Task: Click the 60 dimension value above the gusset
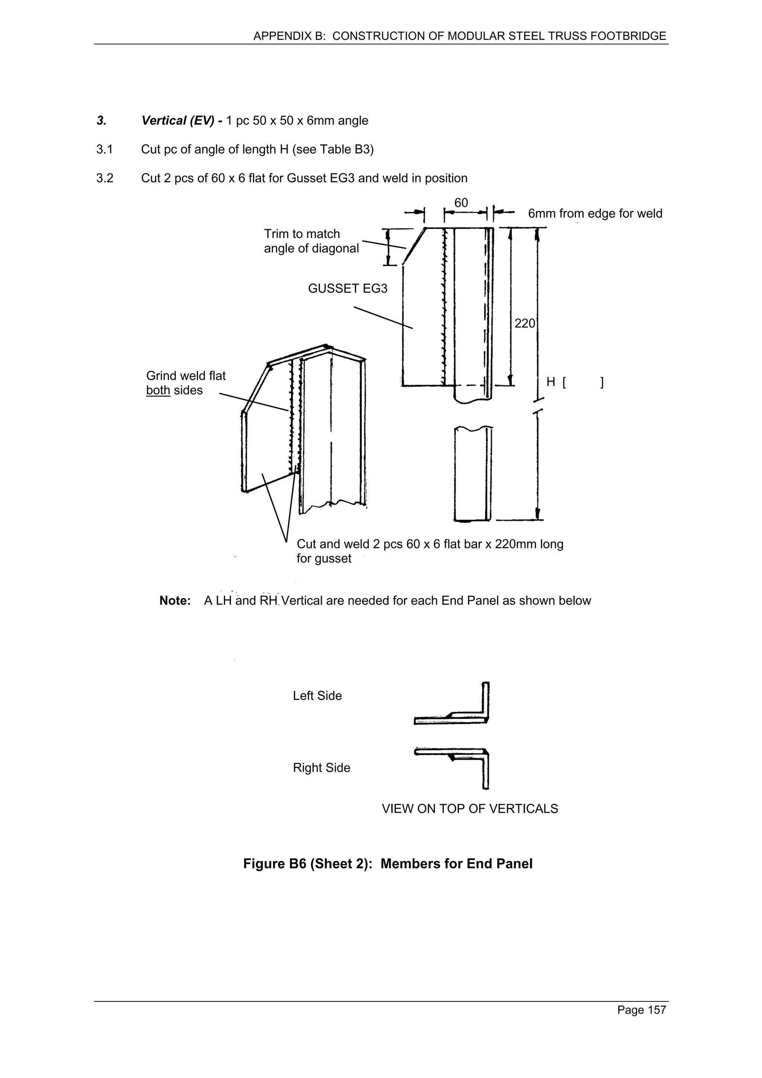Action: click(x=461, y=203)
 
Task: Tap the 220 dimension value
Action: click(x=524, y=324)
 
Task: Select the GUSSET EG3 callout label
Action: click(x=348, y=288)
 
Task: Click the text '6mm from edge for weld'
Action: click(x=595, y=214)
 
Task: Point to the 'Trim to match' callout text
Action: click(x=301, y=234)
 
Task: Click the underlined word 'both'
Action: click(x=158, y=391)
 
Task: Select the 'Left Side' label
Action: click(x=317, y=696)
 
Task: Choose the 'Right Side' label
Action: click(x=321, y=768)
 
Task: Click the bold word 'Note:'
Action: click(x=175, y=601)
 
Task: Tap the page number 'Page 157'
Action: click(x=641, y=1010)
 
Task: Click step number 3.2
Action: click(x=105, y=179)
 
